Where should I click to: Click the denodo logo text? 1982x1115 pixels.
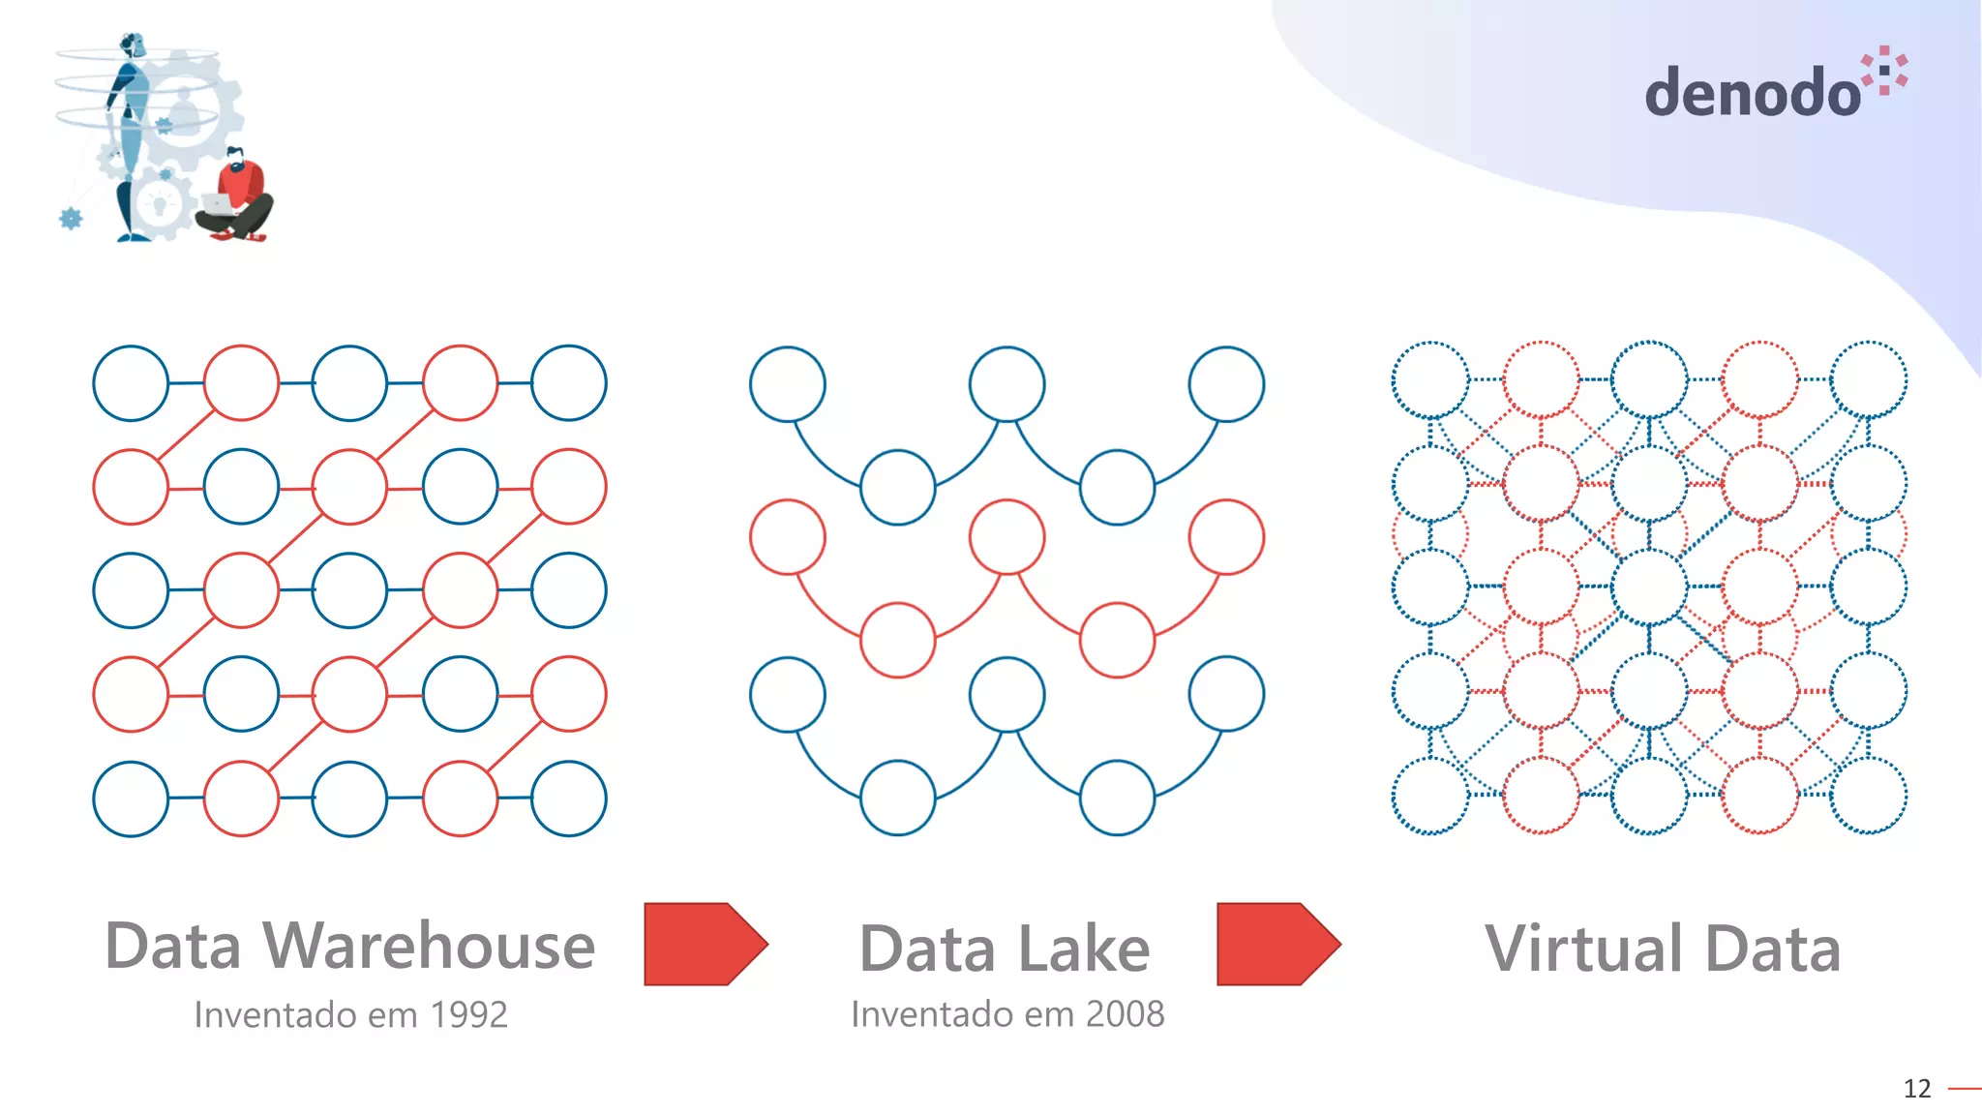point(1752,94)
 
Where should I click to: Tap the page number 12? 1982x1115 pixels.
point(1916,1089)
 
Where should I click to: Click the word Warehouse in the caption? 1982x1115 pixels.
point(429,946)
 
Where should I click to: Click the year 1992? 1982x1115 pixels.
point(468,1014)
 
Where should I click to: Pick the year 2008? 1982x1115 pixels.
point(1125,1013)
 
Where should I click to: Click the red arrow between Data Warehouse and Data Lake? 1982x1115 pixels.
point(706,944)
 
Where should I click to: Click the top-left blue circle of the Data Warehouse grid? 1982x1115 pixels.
point(131,383)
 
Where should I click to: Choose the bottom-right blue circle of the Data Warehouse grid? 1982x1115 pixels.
point(569,799)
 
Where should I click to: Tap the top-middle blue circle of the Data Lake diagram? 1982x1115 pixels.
point(1006,384)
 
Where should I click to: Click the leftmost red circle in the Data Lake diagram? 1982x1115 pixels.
point(788,537)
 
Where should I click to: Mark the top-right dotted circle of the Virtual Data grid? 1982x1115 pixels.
point(1869,379)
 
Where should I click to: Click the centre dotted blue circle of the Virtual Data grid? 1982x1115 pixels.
point(1650,587)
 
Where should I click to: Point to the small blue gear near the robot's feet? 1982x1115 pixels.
point(71,219)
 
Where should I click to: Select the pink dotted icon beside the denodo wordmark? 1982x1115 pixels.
point(1885,70)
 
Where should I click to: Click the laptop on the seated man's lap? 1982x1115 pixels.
point(216,204)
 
